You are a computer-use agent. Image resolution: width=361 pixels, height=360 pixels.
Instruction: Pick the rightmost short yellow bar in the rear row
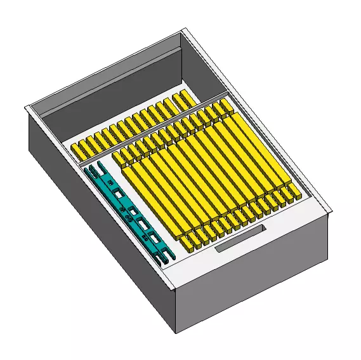185,97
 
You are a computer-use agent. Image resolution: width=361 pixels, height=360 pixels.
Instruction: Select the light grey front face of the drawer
254,273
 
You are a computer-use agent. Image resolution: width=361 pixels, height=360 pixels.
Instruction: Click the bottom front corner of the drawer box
176,331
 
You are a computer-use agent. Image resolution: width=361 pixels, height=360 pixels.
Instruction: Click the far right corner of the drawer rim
330,211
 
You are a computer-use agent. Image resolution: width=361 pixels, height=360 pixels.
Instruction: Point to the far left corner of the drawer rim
27,109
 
